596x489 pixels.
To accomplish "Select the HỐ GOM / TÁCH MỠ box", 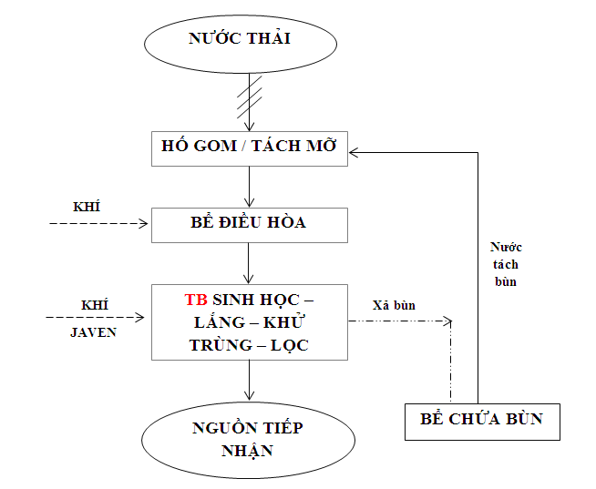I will pos(249,148).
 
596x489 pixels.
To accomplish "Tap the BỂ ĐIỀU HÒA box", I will pos(249,224).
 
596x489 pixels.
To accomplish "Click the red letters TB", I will pos(196,300).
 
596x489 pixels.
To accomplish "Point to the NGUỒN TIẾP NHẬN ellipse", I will pos(248,440).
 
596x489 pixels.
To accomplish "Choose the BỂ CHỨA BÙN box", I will pos(481,420).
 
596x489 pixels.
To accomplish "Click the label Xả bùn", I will pos(394,305).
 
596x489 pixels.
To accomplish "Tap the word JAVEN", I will pos(93,332).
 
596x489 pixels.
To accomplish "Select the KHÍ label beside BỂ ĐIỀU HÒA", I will pos(87,206).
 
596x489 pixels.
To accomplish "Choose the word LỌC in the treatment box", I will pos(290,345).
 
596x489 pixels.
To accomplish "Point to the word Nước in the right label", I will pos(506,248).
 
